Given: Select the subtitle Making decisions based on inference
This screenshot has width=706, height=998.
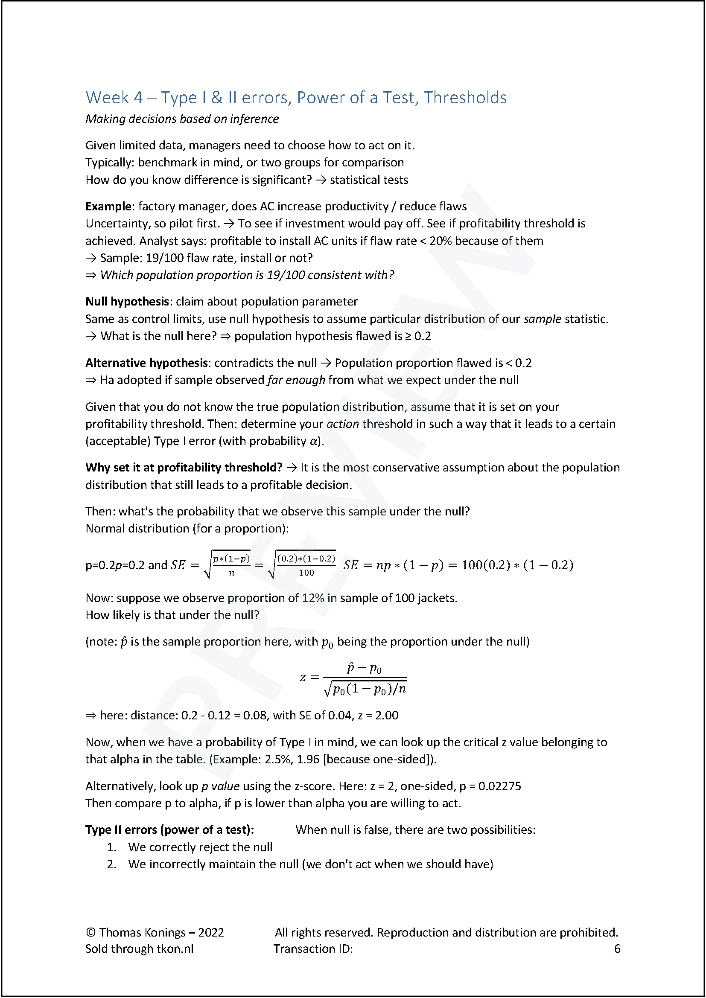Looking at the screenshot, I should [x=182, y=119].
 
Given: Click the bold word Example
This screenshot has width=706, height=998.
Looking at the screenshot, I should [x=108, y=206].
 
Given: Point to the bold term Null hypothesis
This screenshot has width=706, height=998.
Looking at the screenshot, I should [x=127, y=302].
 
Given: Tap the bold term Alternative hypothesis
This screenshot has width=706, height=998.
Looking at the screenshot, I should [x=146, y=363].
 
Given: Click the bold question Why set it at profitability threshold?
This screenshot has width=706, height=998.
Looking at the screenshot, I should [x=184, y=468].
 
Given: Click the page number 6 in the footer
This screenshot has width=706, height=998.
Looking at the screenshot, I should [x=617, y=949].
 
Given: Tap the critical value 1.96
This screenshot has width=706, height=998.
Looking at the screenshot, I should [x=308, y=759].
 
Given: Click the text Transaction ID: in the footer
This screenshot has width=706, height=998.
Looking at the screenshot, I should [x=313, y=949].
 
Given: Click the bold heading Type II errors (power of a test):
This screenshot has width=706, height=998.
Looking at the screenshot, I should [x=169, y=830].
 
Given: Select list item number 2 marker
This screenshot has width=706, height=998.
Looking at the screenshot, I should [x=112, y=864].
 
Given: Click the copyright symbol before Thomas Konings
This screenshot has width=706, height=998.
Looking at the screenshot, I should [x=90, y=932].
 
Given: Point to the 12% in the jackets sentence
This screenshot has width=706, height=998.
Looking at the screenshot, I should [x=313, y=598].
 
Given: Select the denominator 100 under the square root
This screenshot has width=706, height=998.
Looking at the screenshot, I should [x=306, y=573].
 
